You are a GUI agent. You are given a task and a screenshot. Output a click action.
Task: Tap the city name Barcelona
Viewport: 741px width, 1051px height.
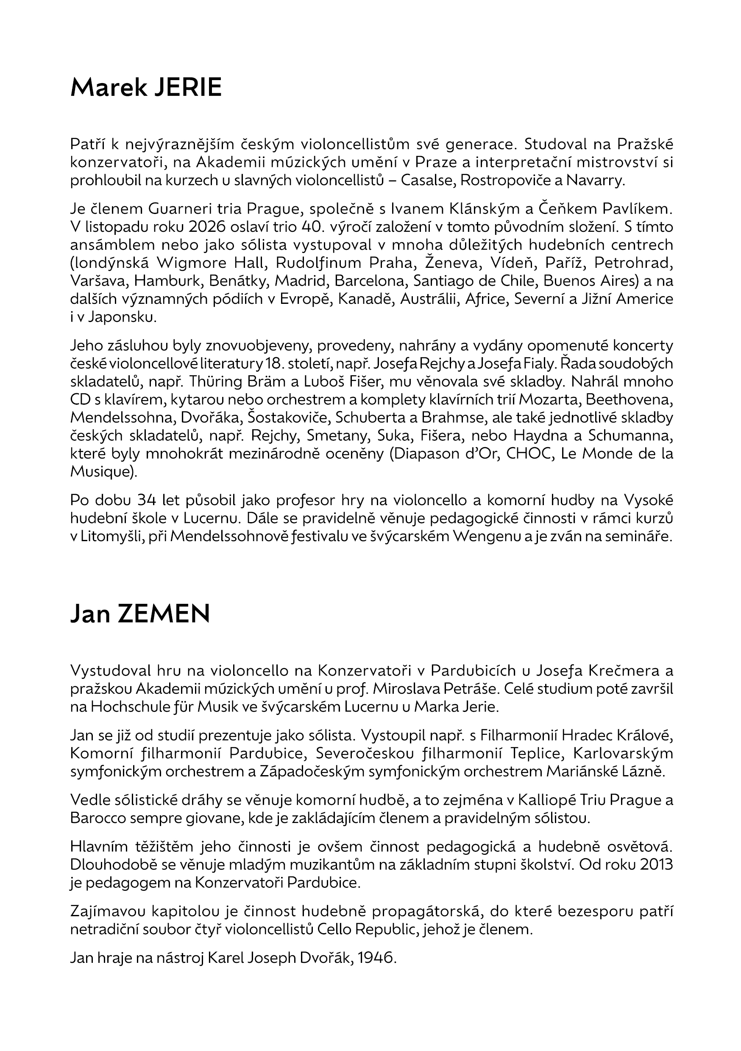[370, 281]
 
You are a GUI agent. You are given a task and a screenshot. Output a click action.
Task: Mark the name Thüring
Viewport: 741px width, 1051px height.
[217, 381]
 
